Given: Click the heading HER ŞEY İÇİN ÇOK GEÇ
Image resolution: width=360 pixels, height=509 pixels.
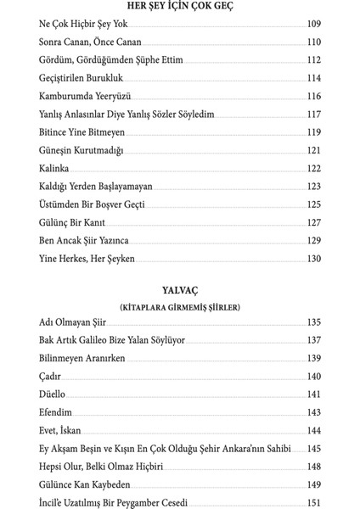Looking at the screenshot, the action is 180,8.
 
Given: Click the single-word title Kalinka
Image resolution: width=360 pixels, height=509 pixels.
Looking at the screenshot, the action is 55,170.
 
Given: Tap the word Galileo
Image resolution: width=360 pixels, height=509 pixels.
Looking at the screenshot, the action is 110,342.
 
